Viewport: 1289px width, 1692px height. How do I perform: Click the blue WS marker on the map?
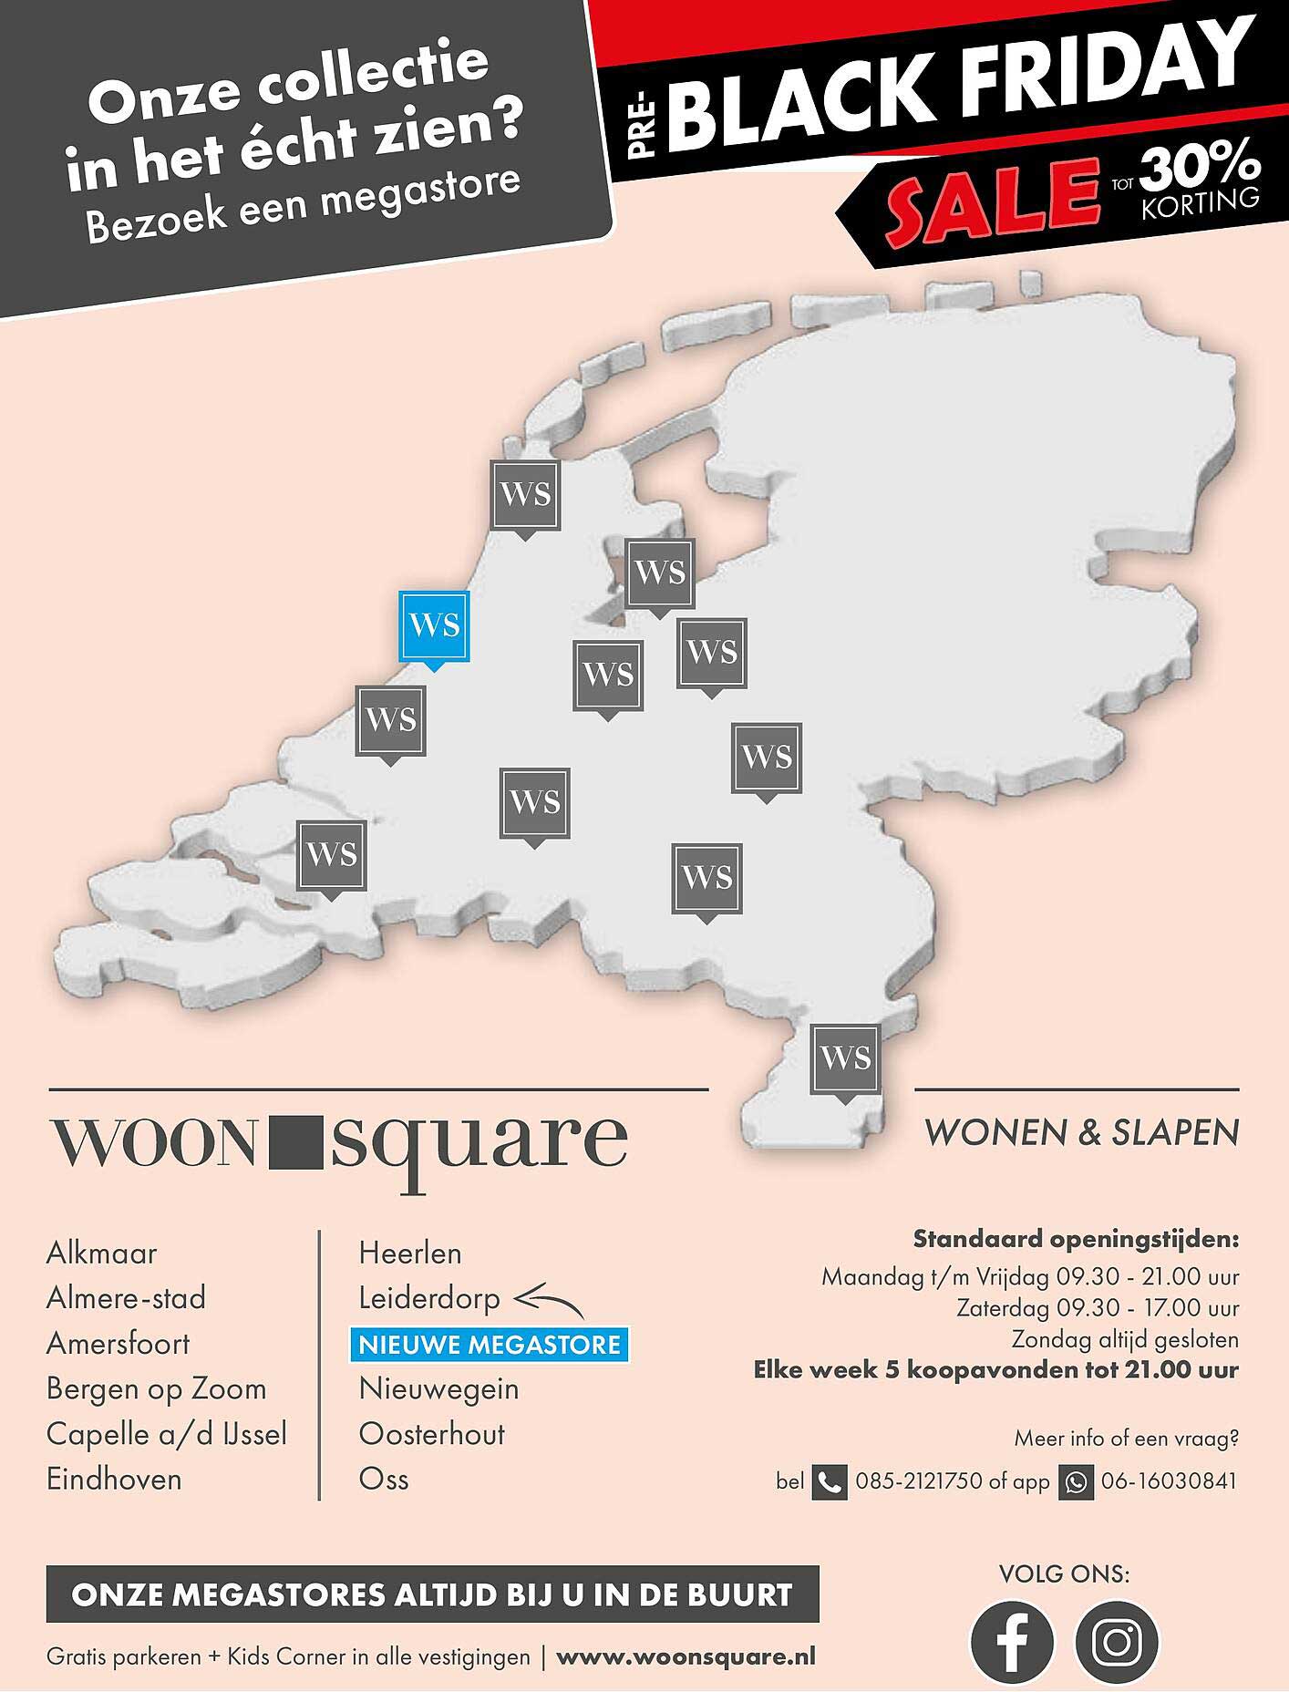coord(435,626)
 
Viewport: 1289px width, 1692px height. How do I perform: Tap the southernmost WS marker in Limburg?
coord(846,1058)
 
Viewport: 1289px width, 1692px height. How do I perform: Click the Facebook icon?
coord(1011,1642)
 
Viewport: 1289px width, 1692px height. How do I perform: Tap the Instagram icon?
coord(1117,1642)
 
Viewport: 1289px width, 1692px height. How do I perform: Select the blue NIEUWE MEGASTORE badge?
coord(490,1345)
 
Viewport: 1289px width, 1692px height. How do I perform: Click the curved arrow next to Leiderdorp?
coord(548,1300)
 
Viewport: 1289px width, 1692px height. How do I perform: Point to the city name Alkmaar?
coord(101,1254)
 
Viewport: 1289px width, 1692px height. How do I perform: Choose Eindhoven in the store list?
coord(114,1479)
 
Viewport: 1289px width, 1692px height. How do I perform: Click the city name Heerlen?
coord(410,1254)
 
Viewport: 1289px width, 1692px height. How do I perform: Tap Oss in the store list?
coord(384,1479)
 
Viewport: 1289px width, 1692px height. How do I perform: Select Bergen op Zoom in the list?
coord(156,1389)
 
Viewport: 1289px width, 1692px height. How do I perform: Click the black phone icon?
coord(829,1482)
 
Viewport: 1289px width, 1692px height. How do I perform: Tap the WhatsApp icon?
coord(1076,1482)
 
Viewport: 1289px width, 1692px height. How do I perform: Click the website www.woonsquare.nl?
coord(686,1656)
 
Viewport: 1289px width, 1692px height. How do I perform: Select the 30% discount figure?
coord(1201,165)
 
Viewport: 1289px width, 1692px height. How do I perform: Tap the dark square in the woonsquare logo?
coord(297,1140)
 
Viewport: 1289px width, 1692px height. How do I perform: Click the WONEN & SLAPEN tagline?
coord(1081,1133)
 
